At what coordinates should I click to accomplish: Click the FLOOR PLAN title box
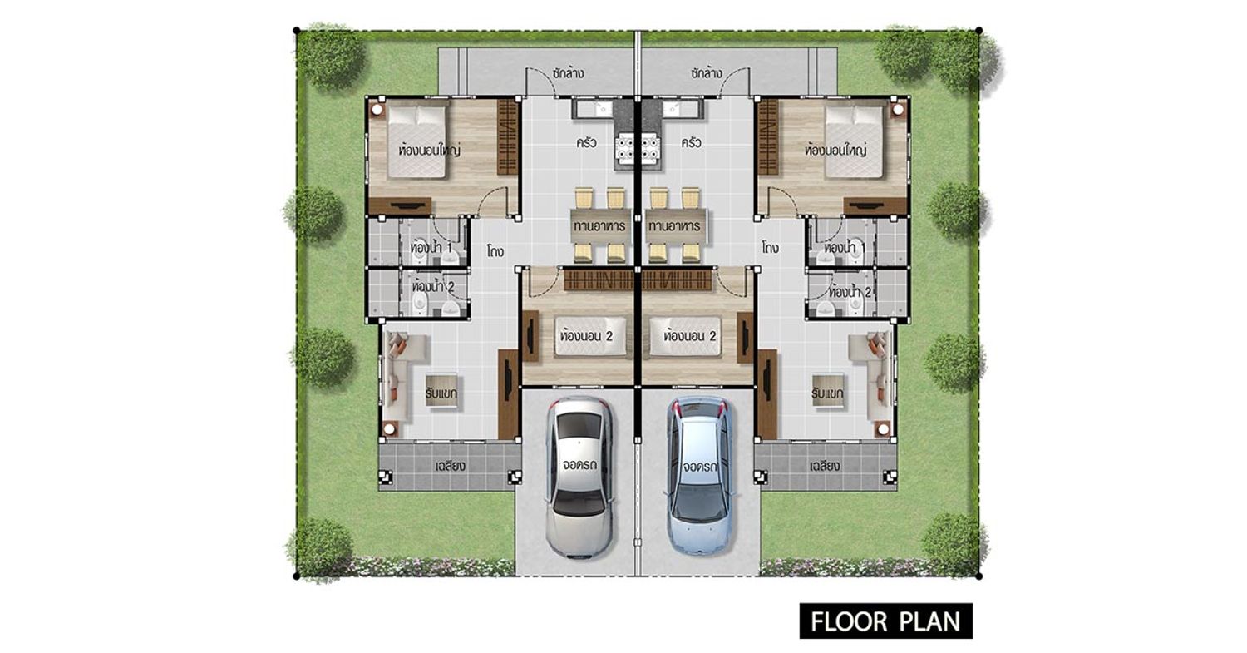click(x=885, y=621)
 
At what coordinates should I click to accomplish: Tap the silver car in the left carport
click(x=579, y=477)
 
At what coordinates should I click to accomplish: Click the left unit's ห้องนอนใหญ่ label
click(x=430, y=151)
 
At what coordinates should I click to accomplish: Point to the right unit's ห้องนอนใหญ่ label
click(x=835, y=151)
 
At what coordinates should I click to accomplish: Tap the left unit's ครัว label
click(x=586, y=142)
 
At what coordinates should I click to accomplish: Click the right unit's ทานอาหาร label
click(x=674, y=226)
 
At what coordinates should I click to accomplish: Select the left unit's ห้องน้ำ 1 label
click(x=431, y=247)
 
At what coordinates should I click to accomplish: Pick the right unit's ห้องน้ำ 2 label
click(x=850, y=291)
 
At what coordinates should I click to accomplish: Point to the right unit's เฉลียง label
click(x=825, y=465)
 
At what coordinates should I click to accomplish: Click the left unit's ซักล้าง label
click(x=569, y=72)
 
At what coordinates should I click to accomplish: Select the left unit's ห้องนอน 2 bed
click(x=590, y=336)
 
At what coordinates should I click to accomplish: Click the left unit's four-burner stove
click(x=624, y=147)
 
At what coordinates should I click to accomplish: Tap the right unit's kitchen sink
click(x=682, y=109)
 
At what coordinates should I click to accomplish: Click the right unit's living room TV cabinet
click(x=767, y=393)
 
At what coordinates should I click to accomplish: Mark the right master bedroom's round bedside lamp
click(x=896, y=109)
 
